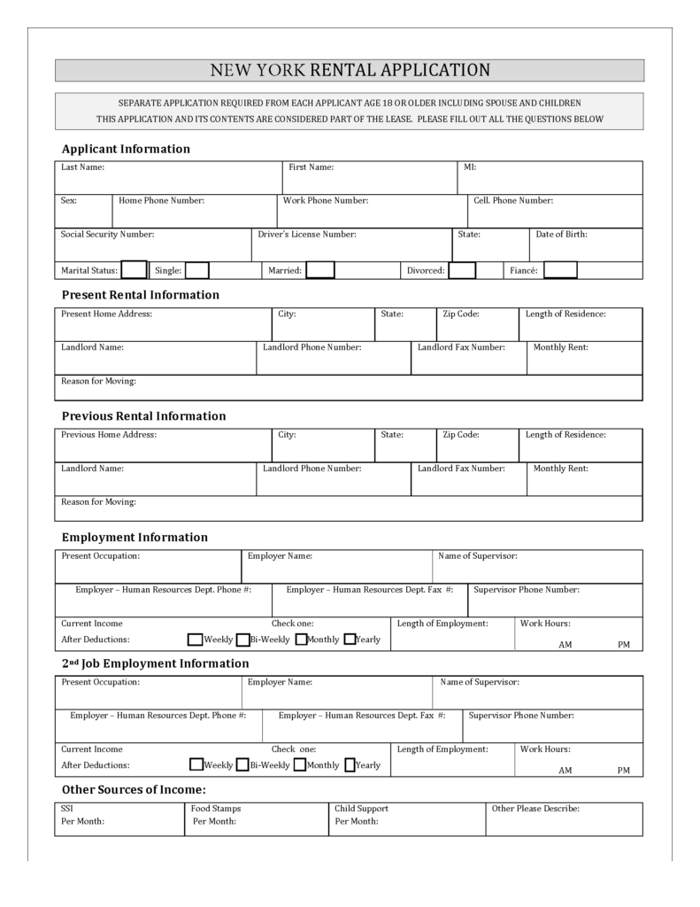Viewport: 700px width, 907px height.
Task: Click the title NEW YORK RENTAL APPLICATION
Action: point(350,71)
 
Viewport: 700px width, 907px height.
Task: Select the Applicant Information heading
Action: point(126,149)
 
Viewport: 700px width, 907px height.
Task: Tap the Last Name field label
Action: point(82,167)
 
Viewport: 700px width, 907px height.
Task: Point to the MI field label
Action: point(470,167)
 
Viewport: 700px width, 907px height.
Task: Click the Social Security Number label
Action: point(107,235)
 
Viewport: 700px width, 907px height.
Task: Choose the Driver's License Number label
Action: point(307,235)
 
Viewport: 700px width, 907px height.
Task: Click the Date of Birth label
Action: point(562,235)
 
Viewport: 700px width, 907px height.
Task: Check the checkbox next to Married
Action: point(320,270)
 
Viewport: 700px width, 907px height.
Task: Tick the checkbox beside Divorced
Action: point(462,270)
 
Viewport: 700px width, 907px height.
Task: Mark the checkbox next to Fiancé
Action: point(560,270)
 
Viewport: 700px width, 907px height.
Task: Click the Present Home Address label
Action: point(106,314)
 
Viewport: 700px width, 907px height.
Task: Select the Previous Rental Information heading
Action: point(143,416)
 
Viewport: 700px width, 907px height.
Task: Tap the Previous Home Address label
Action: point(109,435)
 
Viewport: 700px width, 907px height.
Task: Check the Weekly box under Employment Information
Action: point(196,640)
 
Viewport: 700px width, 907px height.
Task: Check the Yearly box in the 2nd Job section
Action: point(350,765)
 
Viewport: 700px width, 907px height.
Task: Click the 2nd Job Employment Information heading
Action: point(155,663)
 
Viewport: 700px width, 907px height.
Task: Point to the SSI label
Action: point(67,809)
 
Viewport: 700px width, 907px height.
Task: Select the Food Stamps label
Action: point(216,809)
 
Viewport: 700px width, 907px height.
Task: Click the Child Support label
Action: point(361,809)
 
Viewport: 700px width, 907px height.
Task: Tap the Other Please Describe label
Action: point(535,809)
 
